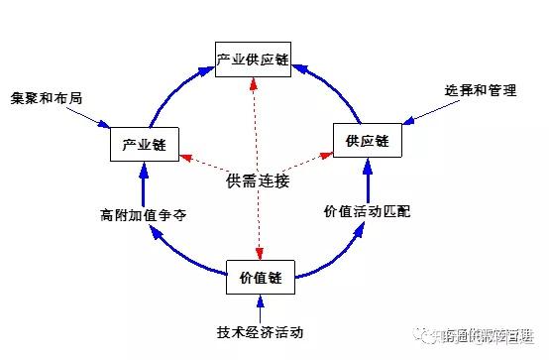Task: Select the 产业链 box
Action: click(144, 144)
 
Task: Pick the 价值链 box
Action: click(262, 277)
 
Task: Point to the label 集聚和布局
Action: click(47, 99)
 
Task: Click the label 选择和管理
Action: click(482, 90)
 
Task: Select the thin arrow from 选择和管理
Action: click(426, 112)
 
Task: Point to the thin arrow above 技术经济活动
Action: click(261, 306)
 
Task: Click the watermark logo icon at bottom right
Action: click(424, 337)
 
